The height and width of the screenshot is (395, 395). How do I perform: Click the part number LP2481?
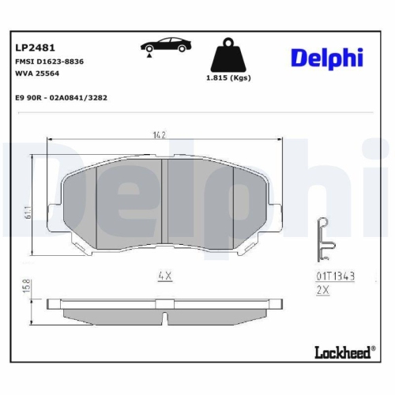tap(32, 47)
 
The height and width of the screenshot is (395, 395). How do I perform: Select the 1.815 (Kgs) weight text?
tap(229, 79)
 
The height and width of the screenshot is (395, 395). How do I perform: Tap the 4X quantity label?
tap(164, 276)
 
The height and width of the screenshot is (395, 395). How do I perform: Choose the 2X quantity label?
tap(321, 290)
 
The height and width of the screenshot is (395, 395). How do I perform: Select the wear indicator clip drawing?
tap(323, 239)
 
